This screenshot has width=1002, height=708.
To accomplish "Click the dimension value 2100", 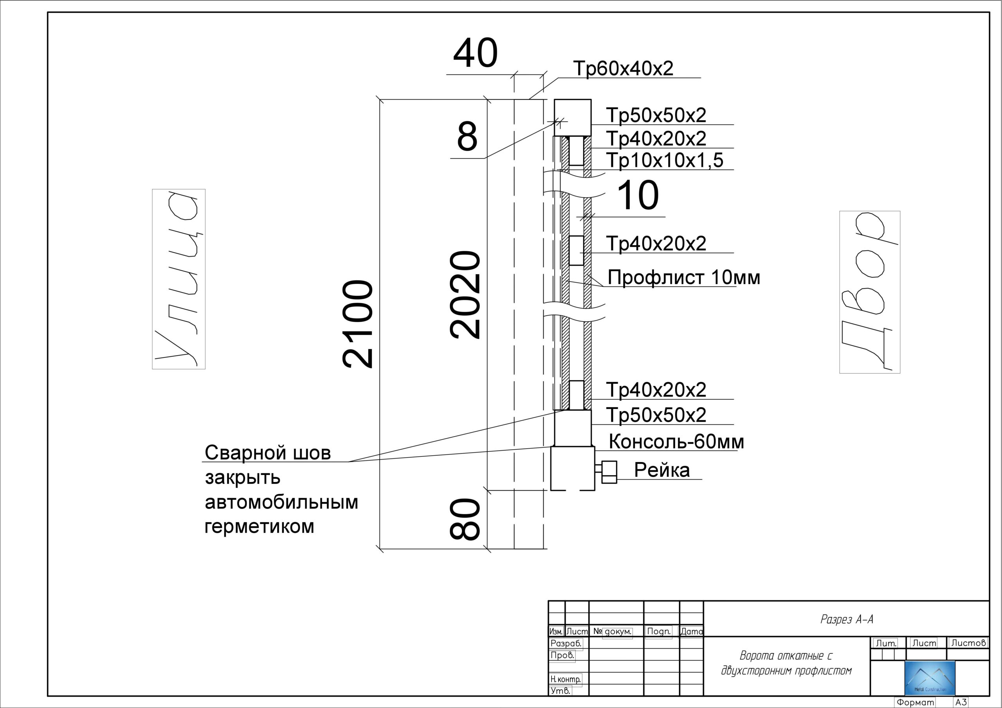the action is coord(358,325).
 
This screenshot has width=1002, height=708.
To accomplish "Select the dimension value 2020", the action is coord(465,295).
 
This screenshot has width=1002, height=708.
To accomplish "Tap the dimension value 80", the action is coord(465,519).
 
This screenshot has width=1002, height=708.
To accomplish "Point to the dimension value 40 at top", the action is coord(475,53).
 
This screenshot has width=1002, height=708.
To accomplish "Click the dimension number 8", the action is coord(467,136).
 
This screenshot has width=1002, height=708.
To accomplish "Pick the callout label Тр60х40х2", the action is coord(623,68).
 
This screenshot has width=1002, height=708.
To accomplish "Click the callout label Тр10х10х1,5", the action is coord(665,160).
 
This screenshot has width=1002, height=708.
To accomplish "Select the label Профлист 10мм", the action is coord(684,277).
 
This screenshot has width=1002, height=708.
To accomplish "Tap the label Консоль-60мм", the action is coord(676,442).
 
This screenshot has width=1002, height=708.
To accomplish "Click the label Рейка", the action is coord(661,470).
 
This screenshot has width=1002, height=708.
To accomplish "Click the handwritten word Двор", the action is coord(870,292).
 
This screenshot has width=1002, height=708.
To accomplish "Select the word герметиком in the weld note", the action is coord(259,526).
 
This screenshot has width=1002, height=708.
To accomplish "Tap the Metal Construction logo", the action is coord(930,678).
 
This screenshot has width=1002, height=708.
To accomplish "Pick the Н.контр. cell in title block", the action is coord(566,679).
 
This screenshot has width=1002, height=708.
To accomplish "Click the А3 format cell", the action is coord(961,703).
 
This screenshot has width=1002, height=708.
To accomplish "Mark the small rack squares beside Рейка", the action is coord(609,472).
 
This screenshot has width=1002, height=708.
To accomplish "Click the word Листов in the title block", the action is coord(968,643).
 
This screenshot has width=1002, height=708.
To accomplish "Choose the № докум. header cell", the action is coord(612,631).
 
